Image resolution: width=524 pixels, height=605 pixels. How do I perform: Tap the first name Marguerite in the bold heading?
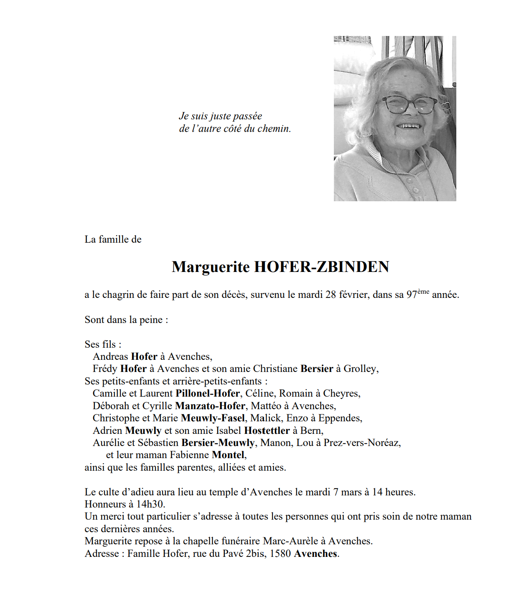(211, 267)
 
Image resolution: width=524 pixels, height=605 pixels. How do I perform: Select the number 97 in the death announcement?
(412, 295)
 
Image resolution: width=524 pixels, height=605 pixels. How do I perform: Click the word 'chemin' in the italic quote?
(273, 128)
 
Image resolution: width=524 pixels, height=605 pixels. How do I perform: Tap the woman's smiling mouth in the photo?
(408, 126)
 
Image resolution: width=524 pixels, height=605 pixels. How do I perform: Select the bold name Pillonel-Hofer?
(208, 393)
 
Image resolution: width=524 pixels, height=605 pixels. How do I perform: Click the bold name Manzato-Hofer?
(210, 406)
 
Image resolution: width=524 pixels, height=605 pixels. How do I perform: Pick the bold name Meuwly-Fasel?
(213, 418)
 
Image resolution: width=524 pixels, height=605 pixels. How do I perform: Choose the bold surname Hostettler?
(267, 431)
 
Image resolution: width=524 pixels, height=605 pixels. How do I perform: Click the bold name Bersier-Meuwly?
(218, 443)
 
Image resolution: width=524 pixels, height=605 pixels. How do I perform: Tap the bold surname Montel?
(228, 455)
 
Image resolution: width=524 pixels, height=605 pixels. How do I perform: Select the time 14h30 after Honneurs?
(150, 504)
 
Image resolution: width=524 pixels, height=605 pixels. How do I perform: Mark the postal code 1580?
(280, 554)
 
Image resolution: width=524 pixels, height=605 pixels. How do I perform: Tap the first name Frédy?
(105, 369)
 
